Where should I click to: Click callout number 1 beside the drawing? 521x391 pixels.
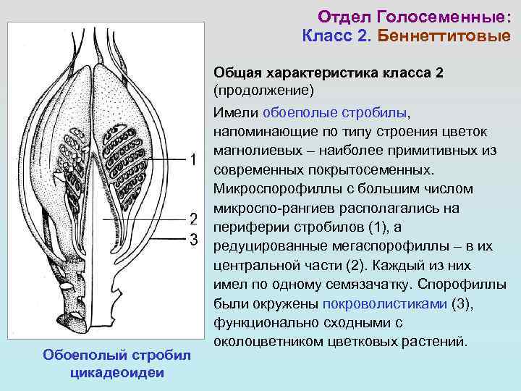[193, 160]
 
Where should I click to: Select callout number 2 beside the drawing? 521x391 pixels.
[193, 219]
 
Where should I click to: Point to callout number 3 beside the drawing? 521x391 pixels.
[193, 239]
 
